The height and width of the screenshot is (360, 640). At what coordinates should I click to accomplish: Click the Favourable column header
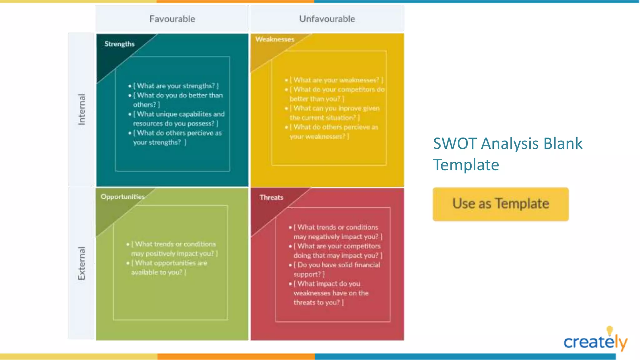point(172,19)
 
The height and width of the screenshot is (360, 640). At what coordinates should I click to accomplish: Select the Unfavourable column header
point(327,19)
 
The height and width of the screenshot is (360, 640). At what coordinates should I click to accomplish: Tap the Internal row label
point(82,109)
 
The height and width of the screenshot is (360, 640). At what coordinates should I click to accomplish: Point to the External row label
point(82,263)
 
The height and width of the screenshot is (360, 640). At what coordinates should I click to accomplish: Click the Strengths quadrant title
point(119,44)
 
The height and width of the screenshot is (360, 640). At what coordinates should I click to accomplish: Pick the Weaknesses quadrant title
point(275,39)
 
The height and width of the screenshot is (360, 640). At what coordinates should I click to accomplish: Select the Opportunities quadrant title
point(122,197)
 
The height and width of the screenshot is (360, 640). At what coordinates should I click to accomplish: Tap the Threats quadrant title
point(271,197)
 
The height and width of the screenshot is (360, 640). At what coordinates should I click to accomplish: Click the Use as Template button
point(500,204)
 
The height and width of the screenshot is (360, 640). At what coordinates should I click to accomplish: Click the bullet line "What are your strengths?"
point(176,86)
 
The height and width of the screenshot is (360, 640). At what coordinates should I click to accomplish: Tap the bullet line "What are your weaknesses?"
point(336,80)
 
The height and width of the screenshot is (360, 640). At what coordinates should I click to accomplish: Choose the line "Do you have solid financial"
point(338,265)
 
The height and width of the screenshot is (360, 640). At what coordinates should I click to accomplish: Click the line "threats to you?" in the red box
point(318,302)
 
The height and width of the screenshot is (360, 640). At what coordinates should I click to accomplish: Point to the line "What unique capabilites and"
point(180,114)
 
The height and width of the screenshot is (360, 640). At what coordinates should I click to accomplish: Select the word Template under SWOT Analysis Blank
point(466,165)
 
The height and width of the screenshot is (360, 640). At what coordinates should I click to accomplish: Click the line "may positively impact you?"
point(174,254)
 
